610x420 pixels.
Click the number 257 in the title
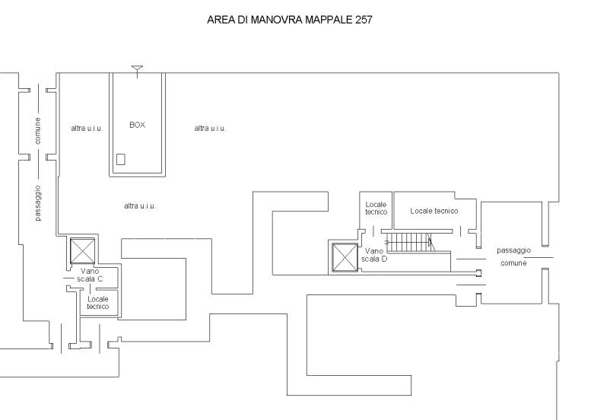[x=364, y=20]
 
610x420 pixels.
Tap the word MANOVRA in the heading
[x=276, y=20]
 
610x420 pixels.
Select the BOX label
[x=138, y=125]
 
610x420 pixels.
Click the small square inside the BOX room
[x=121, y=159]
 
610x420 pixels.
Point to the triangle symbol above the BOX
[x=137, y=68]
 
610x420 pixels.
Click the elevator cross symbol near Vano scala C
[x=82, y=251]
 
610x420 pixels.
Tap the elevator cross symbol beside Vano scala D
[x=345, y=257]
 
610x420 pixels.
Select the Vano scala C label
[x=90, y=275]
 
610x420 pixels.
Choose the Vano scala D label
[x=374, y=255]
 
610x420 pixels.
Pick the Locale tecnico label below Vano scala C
[x=97, y=303]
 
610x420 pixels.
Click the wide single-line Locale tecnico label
[x=434, y=211]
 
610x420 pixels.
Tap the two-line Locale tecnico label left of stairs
[x=376, y=208]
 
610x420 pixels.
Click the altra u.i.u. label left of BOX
[x=87, y=128]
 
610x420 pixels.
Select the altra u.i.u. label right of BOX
[x=211, y=128]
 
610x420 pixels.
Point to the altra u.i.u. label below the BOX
[x=140, y=206]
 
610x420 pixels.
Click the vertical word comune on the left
[x=38, y=131]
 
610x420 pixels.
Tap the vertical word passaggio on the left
[x=38, y=203]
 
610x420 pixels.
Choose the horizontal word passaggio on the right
[x=513, y=250]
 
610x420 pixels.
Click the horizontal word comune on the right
[x=513, y=263]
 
